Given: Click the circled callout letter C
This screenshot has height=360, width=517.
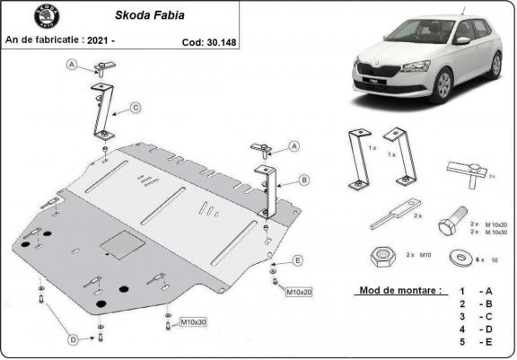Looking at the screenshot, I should coord(134,109).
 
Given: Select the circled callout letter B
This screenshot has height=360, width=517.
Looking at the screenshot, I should coord(304,180).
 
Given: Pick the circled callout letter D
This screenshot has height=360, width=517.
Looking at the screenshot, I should coord(73,338).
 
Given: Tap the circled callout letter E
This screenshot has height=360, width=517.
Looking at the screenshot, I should coord(298,260).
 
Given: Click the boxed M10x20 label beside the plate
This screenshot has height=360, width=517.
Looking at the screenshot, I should coord(299,293).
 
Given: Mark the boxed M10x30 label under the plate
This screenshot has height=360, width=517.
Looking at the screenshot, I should coord(193,321).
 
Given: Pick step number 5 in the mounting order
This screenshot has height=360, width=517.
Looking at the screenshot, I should coord(461,342).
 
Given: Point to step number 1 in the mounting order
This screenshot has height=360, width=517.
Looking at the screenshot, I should coord(461,292).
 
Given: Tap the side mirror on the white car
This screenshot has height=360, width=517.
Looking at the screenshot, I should coord(462,40).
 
